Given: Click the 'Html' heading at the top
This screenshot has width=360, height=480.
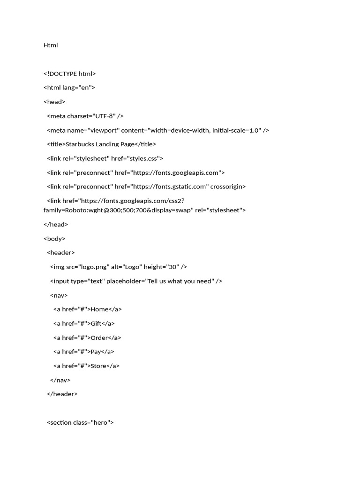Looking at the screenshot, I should coord(51,45).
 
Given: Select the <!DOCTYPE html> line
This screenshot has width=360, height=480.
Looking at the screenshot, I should coord(69,74).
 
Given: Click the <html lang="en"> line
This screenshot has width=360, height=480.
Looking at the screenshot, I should coord(69,88).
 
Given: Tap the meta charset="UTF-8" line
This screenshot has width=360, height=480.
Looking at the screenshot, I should coord(85,116).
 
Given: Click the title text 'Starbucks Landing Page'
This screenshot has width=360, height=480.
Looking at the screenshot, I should coord(100,144).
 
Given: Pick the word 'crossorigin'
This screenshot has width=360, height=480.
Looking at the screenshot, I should coord(228,187).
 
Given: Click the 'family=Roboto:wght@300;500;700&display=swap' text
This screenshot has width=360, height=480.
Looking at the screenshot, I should coord(118,210).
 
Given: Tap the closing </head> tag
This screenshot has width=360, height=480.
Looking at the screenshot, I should coord(56,225).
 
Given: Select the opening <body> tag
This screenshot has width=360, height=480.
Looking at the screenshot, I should coord(54,239).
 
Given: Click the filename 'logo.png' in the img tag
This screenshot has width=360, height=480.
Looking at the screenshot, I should coord(94,267).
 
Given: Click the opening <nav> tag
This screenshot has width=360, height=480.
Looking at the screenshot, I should coord(59,295).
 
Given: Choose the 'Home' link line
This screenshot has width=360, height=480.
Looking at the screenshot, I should coord(88,309).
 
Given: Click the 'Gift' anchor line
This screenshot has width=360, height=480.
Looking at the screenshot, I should coord(84,323).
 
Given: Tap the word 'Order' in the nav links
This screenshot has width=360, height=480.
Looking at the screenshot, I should coord(99,337).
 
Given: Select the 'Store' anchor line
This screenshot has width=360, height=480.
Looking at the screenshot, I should coord(86,366).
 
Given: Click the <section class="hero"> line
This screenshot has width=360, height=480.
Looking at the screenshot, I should coord(80,422).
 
